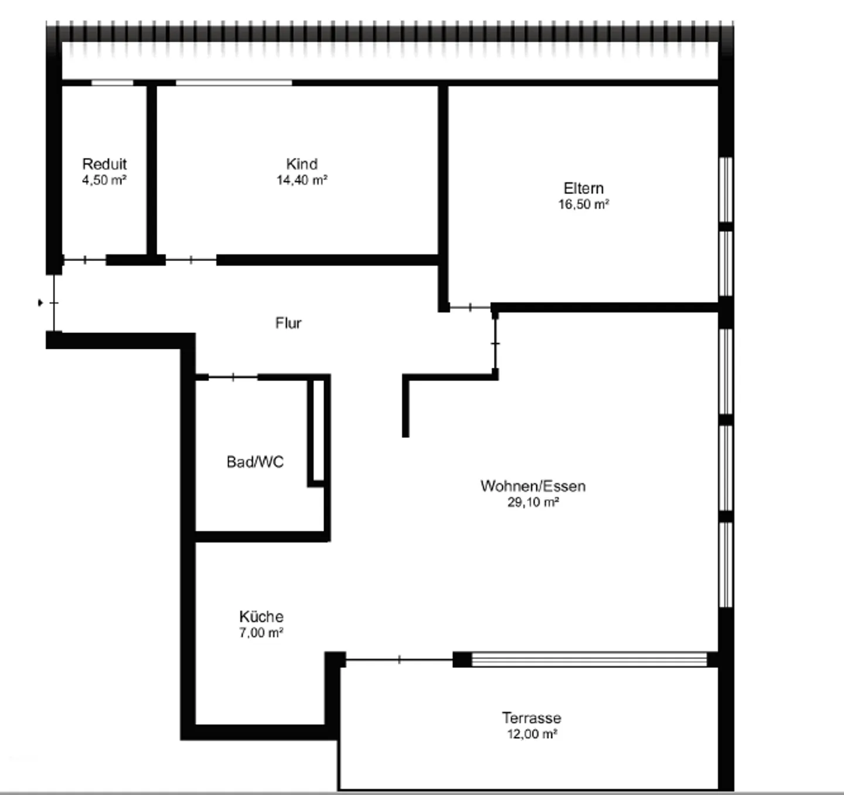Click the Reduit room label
point(104,164)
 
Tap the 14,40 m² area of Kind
point(302,180)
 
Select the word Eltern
point(584,188)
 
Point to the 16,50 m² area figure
point(584,205)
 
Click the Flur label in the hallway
point(288,323)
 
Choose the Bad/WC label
point(255,462)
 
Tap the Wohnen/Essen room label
point(533,487)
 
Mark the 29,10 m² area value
point(533,502)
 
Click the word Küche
point(261,616)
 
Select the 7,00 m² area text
point(261,633)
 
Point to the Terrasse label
point(532,718)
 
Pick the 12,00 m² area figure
point(532,734)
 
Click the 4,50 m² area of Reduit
point(104,180)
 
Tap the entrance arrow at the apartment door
point(40,303)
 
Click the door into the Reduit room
point(84,260)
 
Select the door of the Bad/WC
point(233,377)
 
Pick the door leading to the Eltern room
point(470,307)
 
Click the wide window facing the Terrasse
point(589,660)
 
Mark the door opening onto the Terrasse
point(400,660)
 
